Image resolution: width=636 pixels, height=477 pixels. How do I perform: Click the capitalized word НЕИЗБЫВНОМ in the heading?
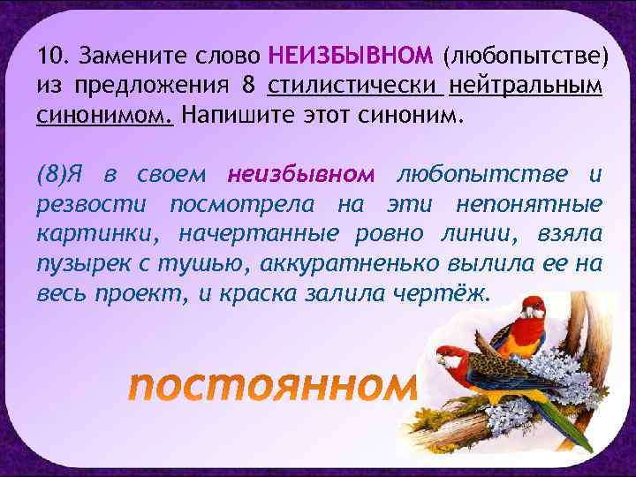click(350, 57)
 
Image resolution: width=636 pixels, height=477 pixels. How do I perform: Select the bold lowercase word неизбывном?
click(301, 176)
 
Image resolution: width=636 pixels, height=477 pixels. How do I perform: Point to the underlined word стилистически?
click(352, 87)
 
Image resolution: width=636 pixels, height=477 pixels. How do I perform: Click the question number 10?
click(51, 57)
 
